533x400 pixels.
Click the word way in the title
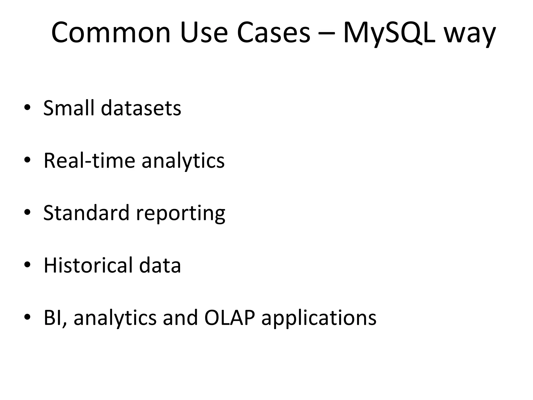coord(470,35)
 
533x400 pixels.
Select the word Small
coord(68,108)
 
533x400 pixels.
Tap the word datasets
coord(141,108)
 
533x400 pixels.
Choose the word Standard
coord(86,213)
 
